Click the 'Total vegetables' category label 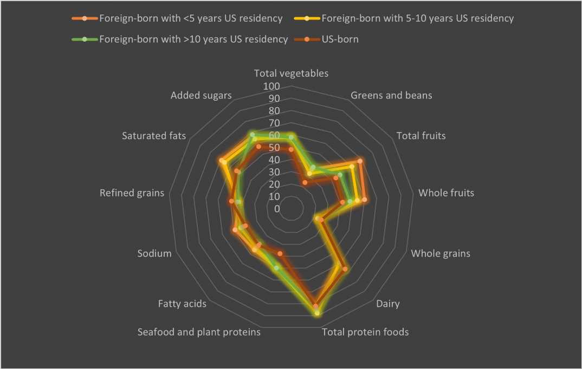coord(291,74)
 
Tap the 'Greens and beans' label coord(391,96)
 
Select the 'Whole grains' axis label coord(441,253)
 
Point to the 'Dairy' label coord(387,304)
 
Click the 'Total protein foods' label coord(365,332)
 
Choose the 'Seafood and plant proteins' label coord(199,332)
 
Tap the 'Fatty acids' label coord(182,304)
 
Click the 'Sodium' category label coord(154,253)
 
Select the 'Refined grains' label coord(132,193)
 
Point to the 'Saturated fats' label coord(154,136)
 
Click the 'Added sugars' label coord(201,96)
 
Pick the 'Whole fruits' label coord(446,193)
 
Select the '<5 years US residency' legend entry coord(190,18)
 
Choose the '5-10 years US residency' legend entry coord(417,18)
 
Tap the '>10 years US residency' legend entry coord(193,39)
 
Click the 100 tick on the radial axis coord(271,87)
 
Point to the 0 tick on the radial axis coord(277,209)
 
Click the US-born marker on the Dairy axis coord(345,269)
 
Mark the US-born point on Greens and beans coord(305,183)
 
